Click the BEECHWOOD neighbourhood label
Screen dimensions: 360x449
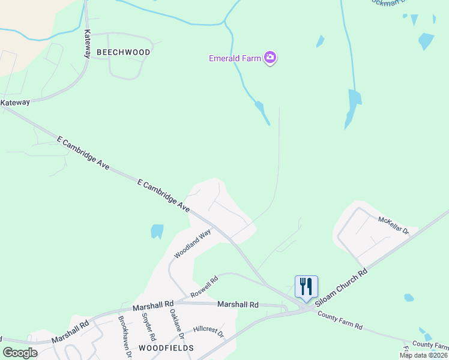coord(123,52)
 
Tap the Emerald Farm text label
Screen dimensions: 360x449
coord(234,58)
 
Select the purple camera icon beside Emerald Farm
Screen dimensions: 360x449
coord(270,58)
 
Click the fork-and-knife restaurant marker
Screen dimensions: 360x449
coord(306,287)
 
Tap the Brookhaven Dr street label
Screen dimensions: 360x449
coord(125,336)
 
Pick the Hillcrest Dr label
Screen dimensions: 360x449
coord(208,332)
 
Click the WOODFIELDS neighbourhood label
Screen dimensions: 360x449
coord(166,348)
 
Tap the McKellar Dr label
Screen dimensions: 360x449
coord(393,226)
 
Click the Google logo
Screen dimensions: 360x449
coord(20,353)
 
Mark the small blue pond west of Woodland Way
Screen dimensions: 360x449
coord(157,231)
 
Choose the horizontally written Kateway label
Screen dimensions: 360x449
coord(15,103)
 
